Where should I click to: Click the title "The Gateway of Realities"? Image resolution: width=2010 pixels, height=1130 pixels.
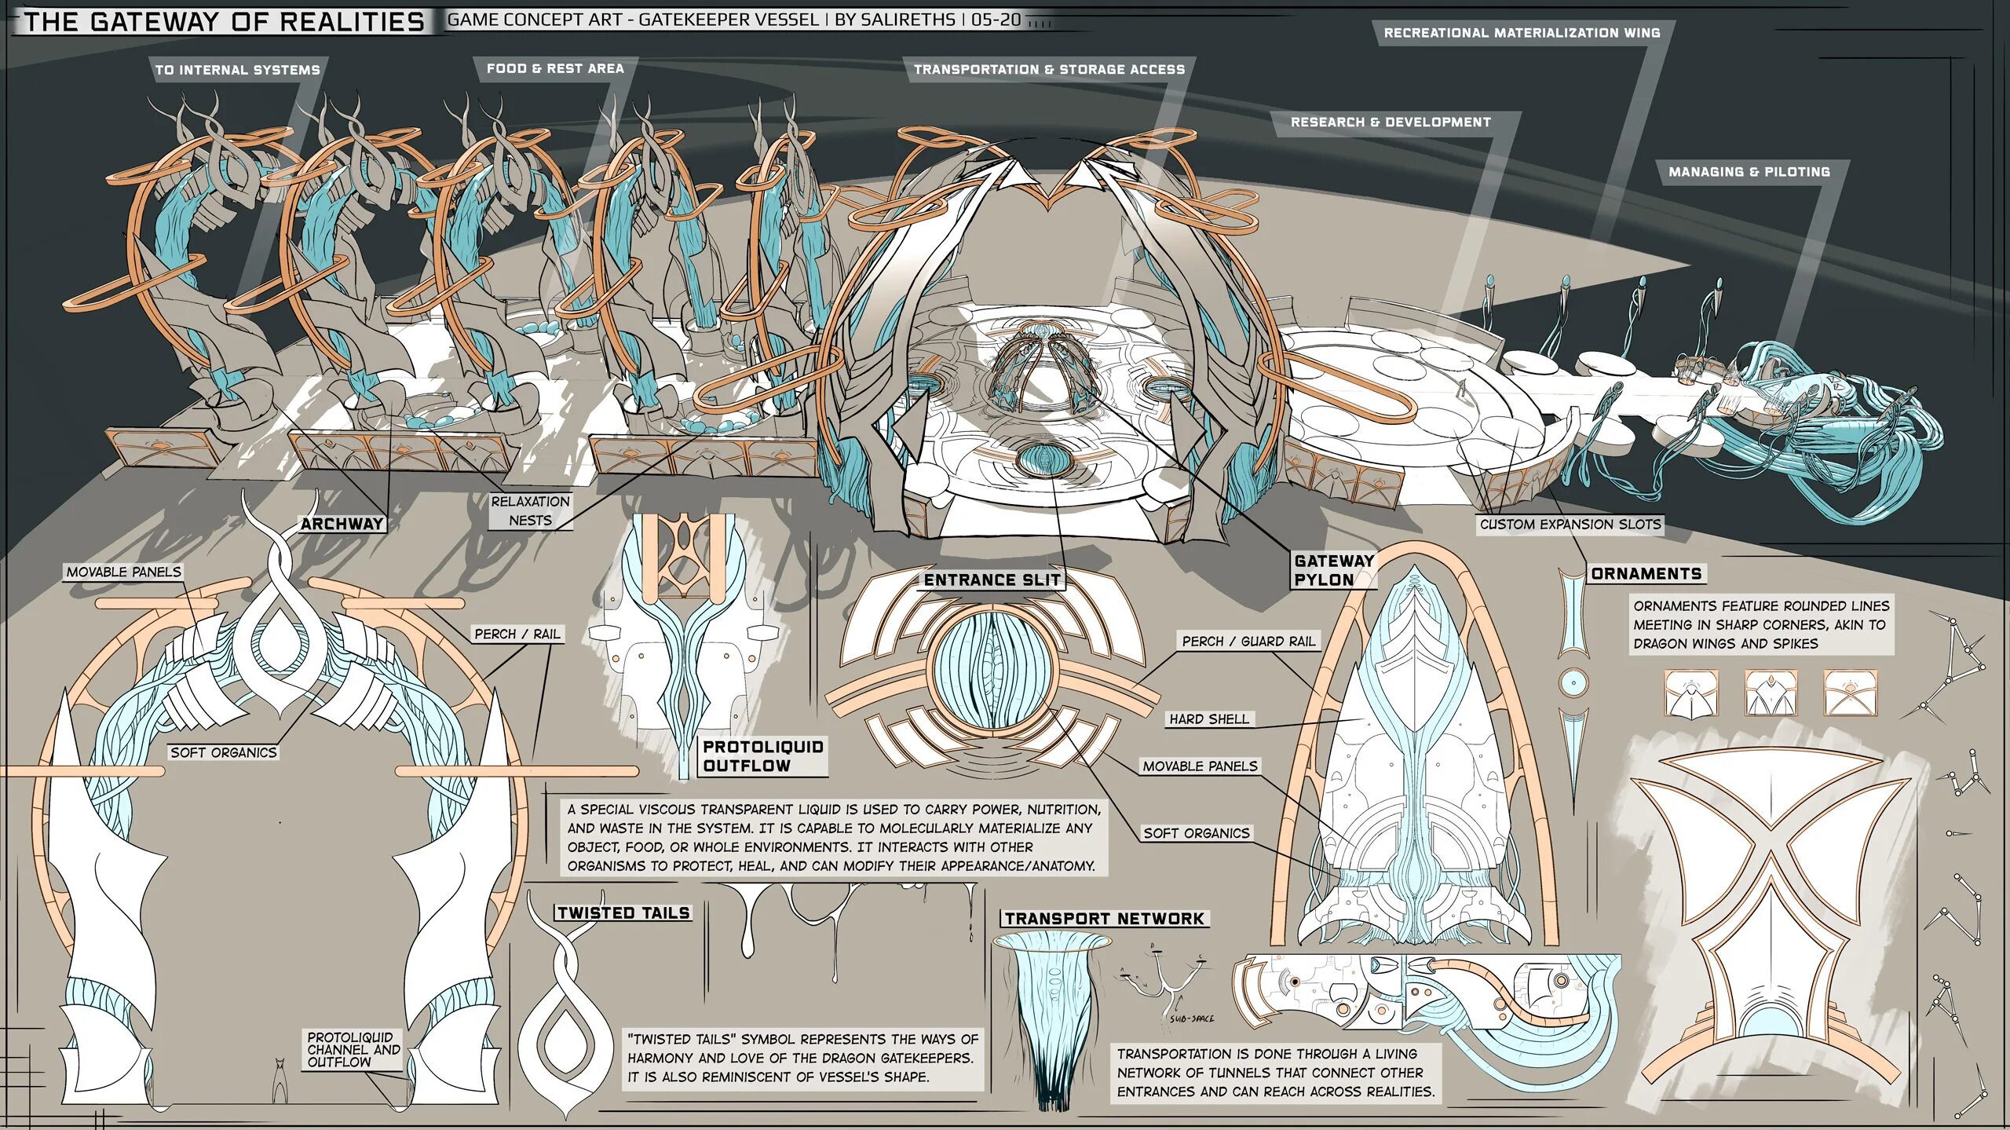click(x=225, y=21)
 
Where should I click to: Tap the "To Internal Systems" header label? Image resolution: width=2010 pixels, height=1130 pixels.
click(x=237, y=70)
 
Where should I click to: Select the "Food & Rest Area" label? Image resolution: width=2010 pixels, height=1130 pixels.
click(x=555, y=69)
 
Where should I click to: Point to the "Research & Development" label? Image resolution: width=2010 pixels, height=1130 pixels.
click(x=1391, y=123)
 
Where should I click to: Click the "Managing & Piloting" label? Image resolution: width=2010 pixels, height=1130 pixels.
click(x=1749, y=172)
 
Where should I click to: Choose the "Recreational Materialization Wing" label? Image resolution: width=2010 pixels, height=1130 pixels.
click(x=1522, y=33)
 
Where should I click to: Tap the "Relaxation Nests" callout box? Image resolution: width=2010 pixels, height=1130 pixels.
click(x=531, y=511)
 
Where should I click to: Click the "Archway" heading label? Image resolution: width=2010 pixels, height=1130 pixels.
click(x=342, y=524)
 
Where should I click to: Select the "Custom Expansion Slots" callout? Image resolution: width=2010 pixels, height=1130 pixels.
click(x=1570, y=525)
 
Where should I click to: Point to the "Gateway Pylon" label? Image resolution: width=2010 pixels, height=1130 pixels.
click(x=1333, y=570)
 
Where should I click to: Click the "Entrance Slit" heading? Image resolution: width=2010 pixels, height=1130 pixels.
click(x=992, y=580)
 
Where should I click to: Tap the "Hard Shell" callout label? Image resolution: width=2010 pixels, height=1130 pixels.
click(x=1208, y=719)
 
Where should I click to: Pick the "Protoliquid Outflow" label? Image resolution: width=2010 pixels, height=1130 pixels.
click(x=762, y=756)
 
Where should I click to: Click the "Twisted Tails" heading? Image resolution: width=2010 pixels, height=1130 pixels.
click(x=623, y=913)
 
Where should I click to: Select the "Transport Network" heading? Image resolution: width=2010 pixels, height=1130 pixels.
click(x=1104, y=919)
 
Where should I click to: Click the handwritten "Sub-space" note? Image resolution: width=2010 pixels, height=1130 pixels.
click(x=1192, y=1019)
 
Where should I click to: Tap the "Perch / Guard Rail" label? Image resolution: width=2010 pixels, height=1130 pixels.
click(x=1248, y=642)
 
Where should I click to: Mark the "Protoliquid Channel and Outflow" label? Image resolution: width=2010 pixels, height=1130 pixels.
click(x=353, y=1050)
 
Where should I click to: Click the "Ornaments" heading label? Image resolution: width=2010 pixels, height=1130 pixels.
click(x=1646, y=574)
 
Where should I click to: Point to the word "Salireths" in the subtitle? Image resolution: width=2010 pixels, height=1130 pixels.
click(x=894, y=20)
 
